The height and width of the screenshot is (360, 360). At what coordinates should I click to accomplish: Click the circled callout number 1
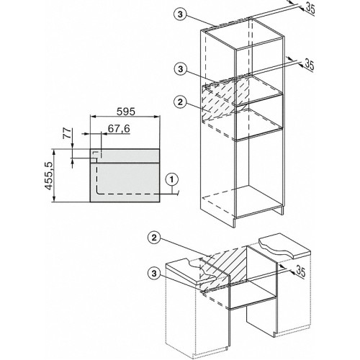(170, 177)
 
